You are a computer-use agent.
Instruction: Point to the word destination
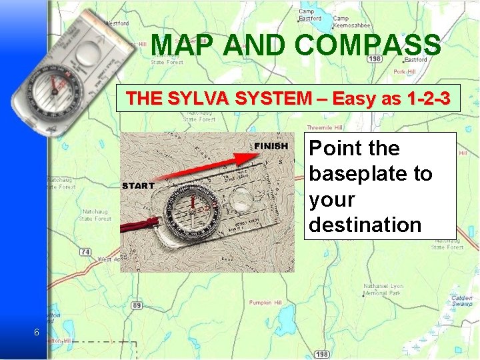[365, 225]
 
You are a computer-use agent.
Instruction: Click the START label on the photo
[138, 185]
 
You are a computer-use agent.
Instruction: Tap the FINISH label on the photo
[271, 146]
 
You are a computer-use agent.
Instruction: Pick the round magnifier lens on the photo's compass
[241, 197]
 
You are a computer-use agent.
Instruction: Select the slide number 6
[36, 333]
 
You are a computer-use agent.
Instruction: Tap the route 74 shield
[85, 251]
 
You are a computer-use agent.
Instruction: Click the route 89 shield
[136, 305]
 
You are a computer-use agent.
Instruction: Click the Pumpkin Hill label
[265, 302]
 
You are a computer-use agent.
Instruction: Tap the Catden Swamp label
[461, 301]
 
